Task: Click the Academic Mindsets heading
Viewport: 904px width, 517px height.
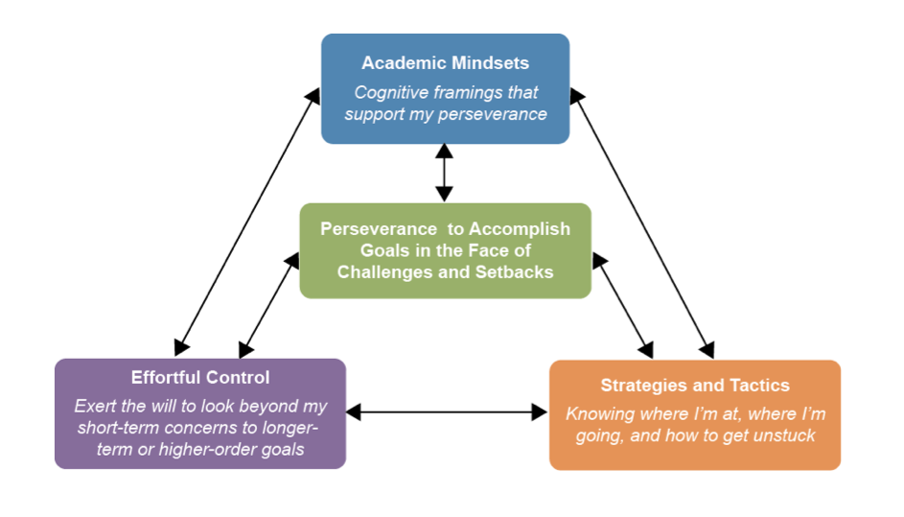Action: point(445,63)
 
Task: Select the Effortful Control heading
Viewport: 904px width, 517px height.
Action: point(200,378)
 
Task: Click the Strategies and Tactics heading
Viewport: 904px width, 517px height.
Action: point(695,386)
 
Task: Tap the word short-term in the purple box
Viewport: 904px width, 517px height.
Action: point(116,427)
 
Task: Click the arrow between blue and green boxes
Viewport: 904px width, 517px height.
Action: point(444,173)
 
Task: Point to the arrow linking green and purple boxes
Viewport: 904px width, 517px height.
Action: point(269,304)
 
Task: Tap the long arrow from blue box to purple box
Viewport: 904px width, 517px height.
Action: point(247,220)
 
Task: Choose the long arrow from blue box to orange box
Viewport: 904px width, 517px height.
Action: point(642,222)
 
